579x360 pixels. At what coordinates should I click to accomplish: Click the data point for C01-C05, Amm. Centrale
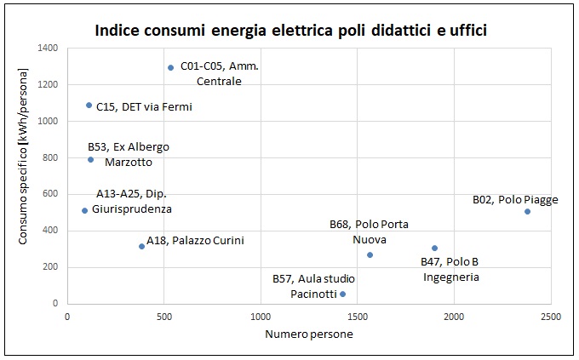coord(170,67)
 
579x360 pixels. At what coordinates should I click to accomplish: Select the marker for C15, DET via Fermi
coord(89,106)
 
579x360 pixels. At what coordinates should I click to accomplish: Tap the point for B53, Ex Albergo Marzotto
coord(90,159)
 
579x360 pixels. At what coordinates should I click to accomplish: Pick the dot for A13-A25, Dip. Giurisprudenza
coord(84,210)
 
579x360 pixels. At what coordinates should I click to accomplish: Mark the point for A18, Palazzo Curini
coord(141,246)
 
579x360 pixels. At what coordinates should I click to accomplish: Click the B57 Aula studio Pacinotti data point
coord(342,294)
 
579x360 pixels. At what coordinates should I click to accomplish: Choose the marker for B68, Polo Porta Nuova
coord(370,254)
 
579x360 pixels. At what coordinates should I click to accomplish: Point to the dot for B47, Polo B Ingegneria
coord(434,249)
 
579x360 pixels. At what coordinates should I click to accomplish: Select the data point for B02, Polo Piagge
coord(527,211)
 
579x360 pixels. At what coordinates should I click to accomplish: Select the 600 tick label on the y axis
coord(49,194)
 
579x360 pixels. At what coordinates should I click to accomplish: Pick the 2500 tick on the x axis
coord(550,317)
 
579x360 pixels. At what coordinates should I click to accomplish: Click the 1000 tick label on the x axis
coord(261,317)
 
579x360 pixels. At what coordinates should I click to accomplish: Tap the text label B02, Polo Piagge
coord(515,200)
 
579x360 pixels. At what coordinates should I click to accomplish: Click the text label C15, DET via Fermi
coord(144,107)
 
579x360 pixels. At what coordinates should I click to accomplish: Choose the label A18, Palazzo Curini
coord(195,241)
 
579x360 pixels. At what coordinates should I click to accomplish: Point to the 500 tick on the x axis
coord(164,317)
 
